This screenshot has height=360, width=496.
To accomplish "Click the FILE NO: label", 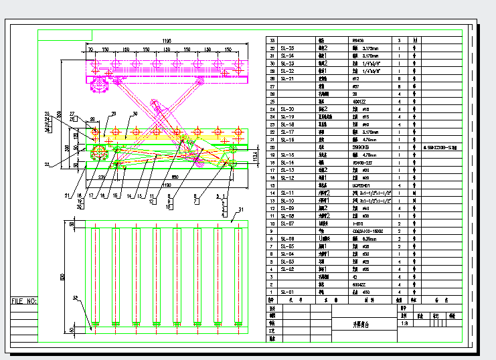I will [x=23, y=301].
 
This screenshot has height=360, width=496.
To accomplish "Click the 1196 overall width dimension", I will [x=167, y=41].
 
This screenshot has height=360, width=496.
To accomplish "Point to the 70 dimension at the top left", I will [x=90, y=50].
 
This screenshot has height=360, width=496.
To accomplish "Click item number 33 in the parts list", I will [x=272, y=41].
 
